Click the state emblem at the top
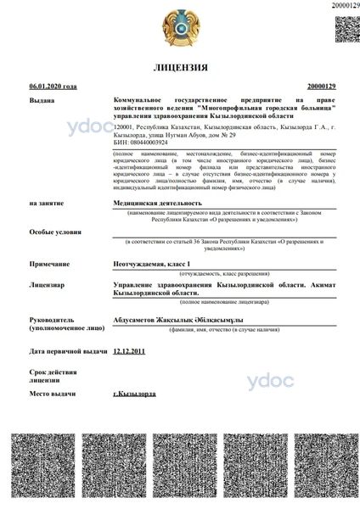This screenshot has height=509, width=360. pos(180,27)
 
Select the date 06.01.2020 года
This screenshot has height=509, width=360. pos(53,86)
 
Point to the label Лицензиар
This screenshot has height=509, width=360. pos(47,286)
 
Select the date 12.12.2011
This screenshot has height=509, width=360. pos(129,350)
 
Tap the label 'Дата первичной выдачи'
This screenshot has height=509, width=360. pos(68,350)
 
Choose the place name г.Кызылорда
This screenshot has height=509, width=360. pos(134,394)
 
